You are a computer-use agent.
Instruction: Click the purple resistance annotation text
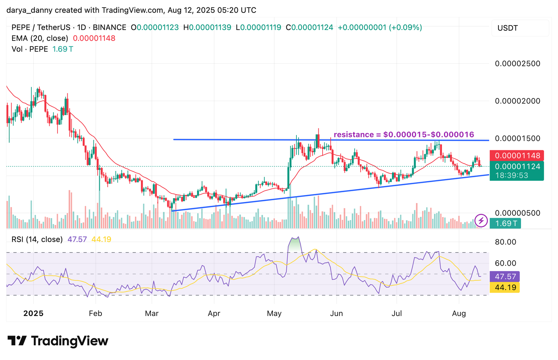point(404,135)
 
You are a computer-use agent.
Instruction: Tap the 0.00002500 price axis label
point(518,63)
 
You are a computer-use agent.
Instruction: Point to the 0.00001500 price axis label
point(518,138)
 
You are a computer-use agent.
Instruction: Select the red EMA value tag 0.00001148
point(517,156)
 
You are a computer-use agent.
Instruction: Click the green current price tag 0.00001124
point(517,166)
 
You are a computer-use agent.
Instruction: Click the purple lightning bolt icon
point(481,220)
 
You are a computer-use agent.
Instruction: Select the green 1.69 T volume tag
point(505,224)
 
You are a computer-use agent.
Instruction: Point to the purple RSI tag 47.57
point(505,277)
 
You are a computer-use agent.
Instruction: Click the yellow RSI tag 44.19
point(505,287)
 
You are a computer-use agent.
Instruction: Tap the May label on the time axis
point(274,313)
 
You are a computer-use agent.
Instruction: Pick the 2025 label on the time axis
point(33,313)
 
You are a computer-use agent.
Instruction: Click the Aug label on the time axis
point(459,313)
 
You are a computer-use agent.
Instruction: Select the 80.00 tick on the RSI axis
point(506,242)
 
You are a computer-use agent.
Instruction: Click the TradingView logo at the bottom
point(58,341)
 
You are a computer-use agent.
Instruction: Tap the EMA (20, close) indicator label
point(40,38)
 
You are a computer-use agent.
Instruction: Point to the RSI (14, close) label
point(37,239)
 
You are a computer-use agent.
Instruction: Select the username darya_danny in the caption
point(29,10)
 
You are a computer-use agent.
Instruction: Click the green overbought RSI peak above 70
point(295,243)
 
